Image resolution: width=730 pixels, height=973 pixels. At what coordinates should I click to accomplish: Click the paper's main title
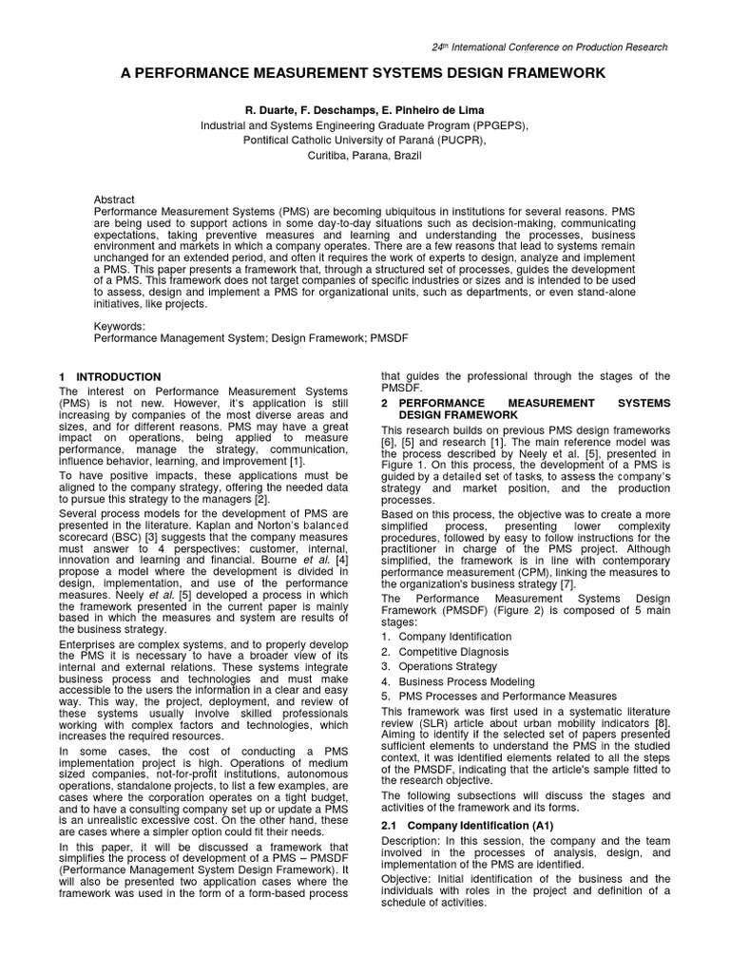click(364, 73)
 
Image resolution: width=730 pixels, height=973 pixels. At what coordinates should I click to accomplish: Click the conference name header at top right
click(549, 47)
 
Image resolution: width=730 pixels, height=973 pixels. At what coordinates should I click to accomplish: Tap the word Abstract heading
click(114, 200)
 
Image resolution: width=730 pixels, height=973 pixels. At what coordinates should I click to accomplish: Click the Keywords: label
click(119, 326)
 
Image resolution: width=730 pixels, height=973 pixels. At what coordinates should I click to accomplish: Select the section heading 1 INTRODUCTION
click(110, 377)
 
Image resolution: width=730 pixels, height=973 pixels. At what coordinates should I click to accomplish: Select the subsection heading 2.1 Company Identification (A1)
click(466, 825)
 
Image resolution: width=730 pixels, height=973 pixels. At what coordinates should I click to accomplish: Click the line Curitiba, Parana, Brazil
click(364, 156)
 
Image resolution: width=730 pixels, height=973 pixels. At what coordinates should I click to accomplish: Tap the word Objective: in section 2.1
click(407, 879)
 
